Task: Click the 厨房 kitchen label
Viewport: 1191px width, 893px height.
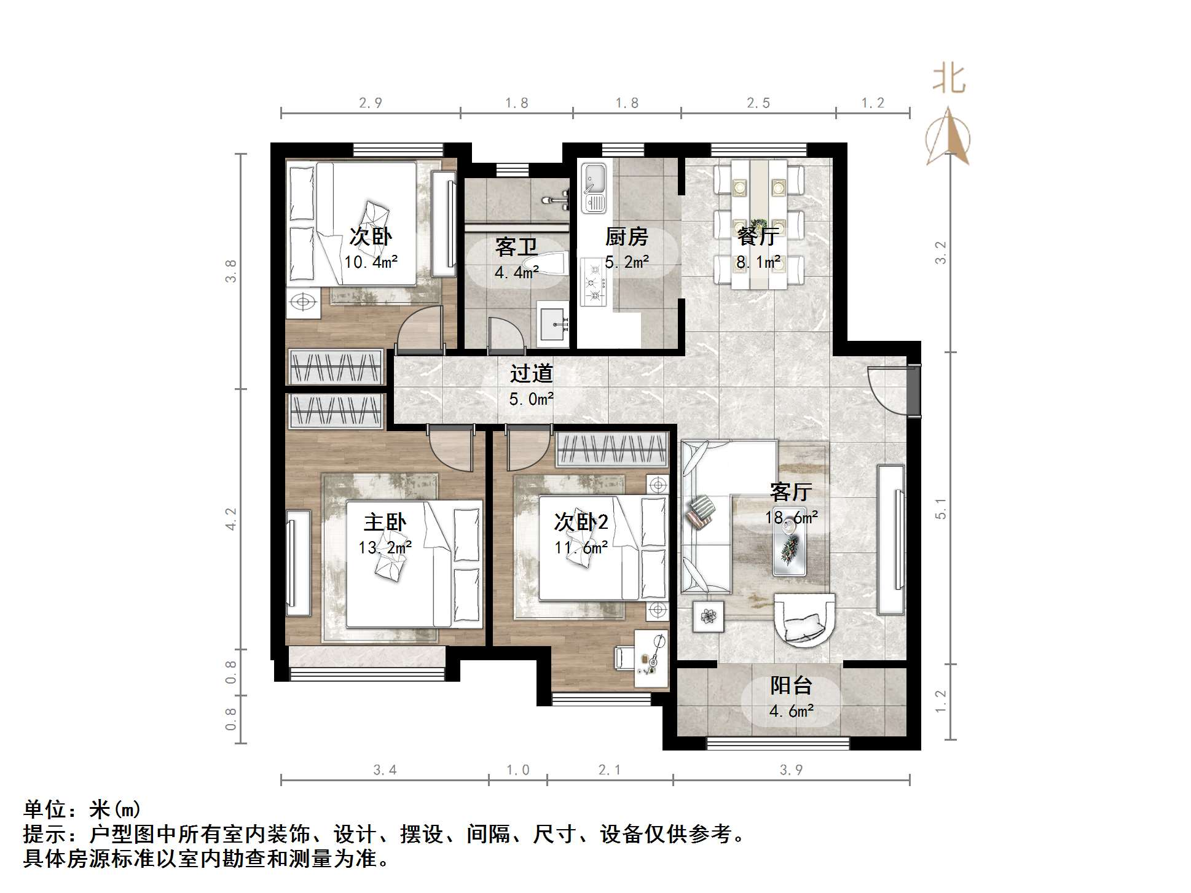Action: (626, 236)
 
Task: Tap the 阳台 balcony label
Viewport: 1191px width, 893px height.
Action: (792, 685)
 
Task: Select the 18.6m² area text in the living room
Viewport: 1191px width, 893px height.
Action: (792, 517)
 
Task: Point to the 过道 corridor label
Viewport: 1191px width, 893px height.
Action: (532, 373)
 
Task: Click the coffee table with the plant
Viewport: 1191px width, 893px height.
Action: (790, 550)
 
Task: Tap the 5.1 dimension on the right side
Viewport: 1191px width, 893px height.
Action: (941, 508)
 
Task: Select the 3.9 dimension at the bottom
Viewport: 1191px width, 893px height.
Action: (791, 770)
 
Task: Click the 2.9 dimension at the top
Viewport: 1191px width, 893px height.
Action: (371, 103)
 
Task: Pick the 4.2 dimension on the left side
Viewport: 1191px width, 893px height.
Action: (230, 518)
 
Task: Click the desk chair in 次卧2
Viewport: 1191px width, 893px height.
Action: (624, 657)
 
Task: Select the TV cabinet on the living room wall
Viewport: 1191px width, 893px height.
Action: (891, 540)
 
